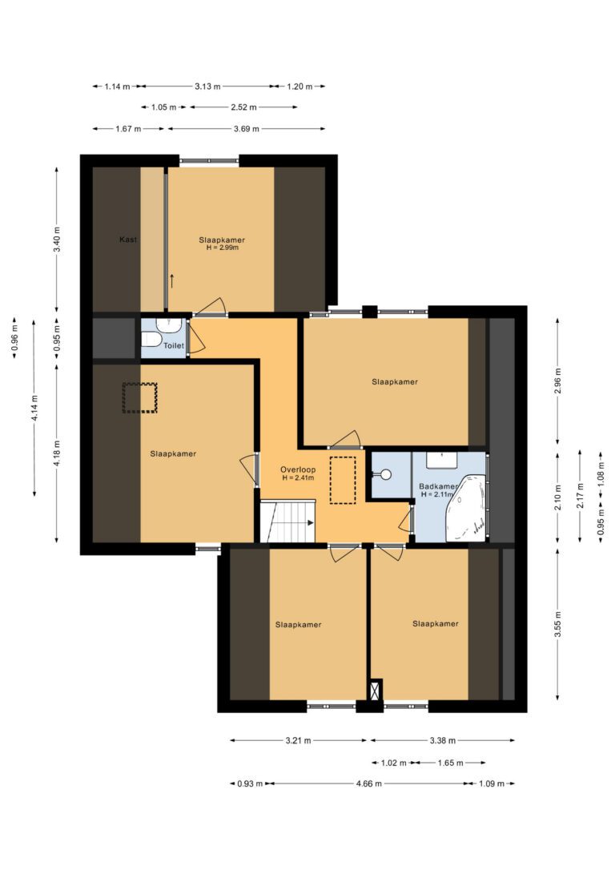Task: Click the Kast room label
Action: pos(128,240)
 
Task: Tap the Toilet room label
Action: pos(174,345)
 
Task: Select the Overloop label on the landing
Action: pos(298,470)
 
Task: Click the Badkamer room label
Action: pos(438,486)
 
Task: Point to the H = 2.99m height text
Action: pos(223,248)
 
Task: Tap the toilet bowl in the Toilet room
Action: pos(151,339)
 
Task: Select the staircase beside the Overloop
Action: pos(287,521)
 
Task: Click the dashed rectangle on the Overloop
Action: pos(343,480)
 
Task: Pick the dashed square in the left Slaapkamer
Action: pos(140,397)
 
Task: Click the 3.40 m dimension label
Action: pos(57,240)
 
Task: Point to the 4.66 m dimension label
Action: pos(369,783)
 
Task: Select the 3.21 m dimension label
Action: pos(299,740)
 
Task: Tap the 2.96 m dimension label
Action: pos(558,381)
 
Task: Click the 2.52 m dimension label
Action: pos(244,107)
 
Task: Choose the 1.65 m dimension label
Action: pos(450,763)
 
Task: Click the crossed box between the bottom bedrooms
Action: pos(376,690)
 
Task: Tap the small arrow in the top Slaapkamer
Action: pos(172,280)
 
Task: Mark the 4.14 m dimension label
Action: pos(34,408)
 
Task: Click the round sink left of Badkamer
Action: pos(386,475)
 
